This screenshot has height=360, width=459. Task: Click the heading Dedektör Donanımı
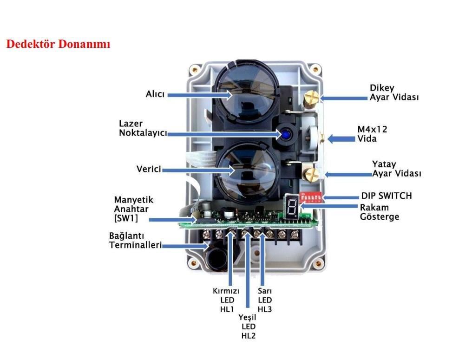coord(58,45)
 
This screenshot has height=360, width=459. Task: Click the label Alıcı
coord(156,94)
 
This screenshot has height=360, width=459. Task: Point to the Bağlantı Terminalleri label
coord(135,241)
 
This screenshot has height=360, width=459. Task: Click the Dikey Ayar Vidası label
coord(394,92)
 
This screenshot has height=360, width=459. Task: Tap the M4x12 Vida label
coord(372,134)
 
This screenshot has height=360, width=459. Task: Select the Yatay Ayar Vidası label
coord(396,169)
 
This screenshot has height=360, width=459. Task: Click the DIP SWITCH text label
coord(386,196)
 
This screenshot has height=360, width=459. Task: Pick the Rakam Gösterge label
coord(380,212)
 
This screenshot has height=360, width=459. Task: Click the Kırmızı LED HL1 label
coord(226,300)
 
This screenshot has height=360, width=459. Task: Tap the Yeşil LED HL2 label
coord(249,327)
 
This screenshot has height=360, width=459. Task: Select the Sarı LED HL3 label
coord(265,300)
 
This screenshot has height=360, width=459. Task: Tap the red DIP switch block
coord(310,196)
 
